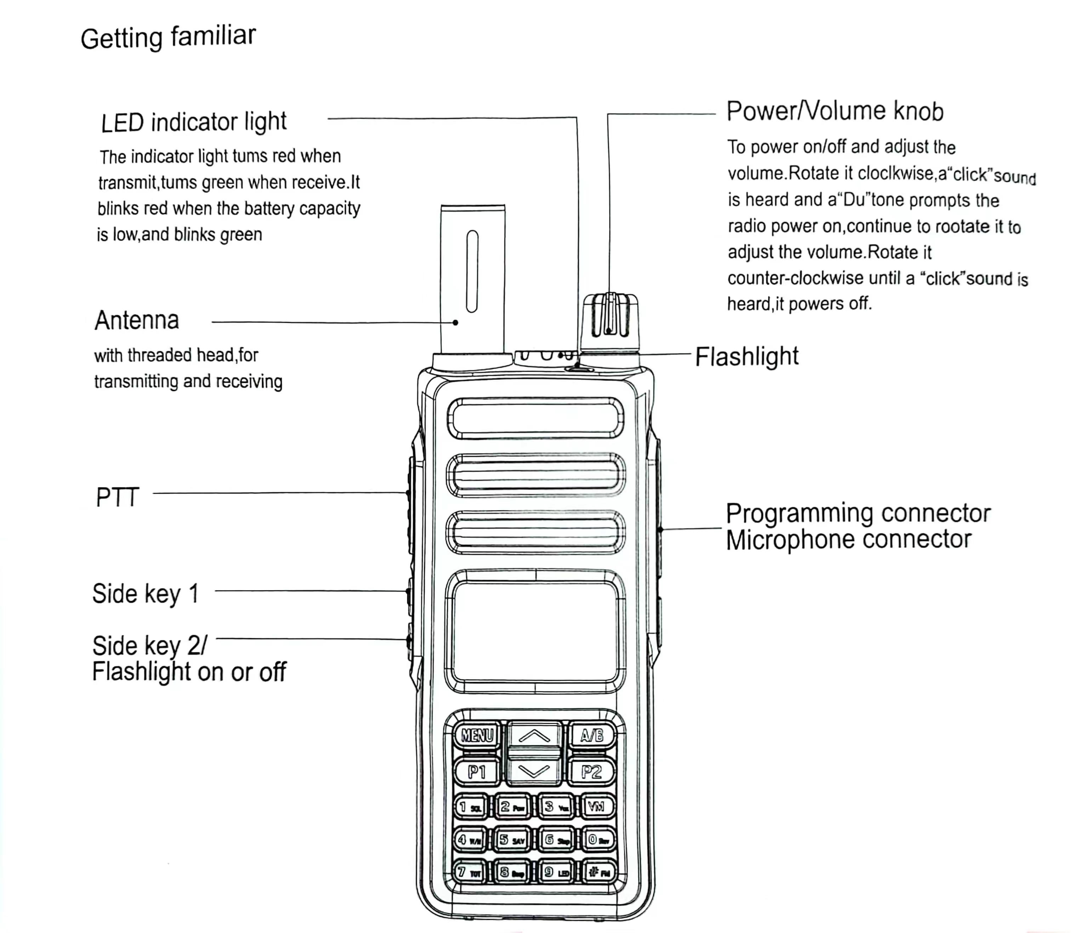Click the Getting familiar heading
tap(168, 38)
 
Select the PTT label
tap(118, 497)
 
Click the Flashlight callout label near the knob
tap(747, 357)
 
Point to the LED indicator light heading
tap(194, 122)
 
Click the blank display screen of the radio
tap(535, 631)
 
